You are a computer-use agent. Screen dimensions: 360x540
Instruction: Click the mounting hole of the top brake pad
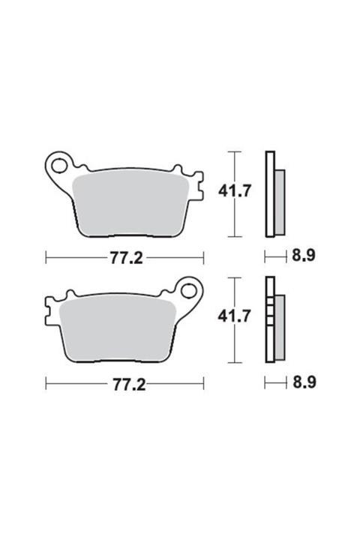coord(59,166)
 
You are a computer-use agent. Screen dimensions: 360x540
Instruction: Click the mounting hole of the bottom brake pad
coord(188,291)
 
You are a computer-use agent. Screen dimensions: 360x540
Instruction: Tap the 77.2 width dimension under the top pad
coord(126,258)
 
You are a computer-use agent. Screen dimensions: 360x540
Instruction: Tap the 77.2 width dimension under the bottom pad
coord(129,384)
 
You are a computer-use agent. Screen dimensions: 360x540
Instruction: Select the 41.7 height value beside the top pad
coord(235,190)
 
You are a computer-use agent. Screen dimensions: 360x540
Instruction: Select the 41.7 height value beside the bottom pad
coord(234,316)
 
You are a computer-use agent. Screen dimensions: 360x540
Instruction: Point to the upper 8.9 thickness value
coord(304,256)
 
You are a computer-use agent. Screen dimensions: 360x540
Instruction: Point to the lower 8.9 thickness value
coord(304,382)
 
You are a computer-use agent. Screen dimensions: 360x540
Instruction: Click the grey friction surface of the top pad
coord(130,206)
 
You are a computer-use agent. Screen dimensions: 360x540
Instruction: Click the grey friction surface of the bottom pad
coord(117,331)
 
